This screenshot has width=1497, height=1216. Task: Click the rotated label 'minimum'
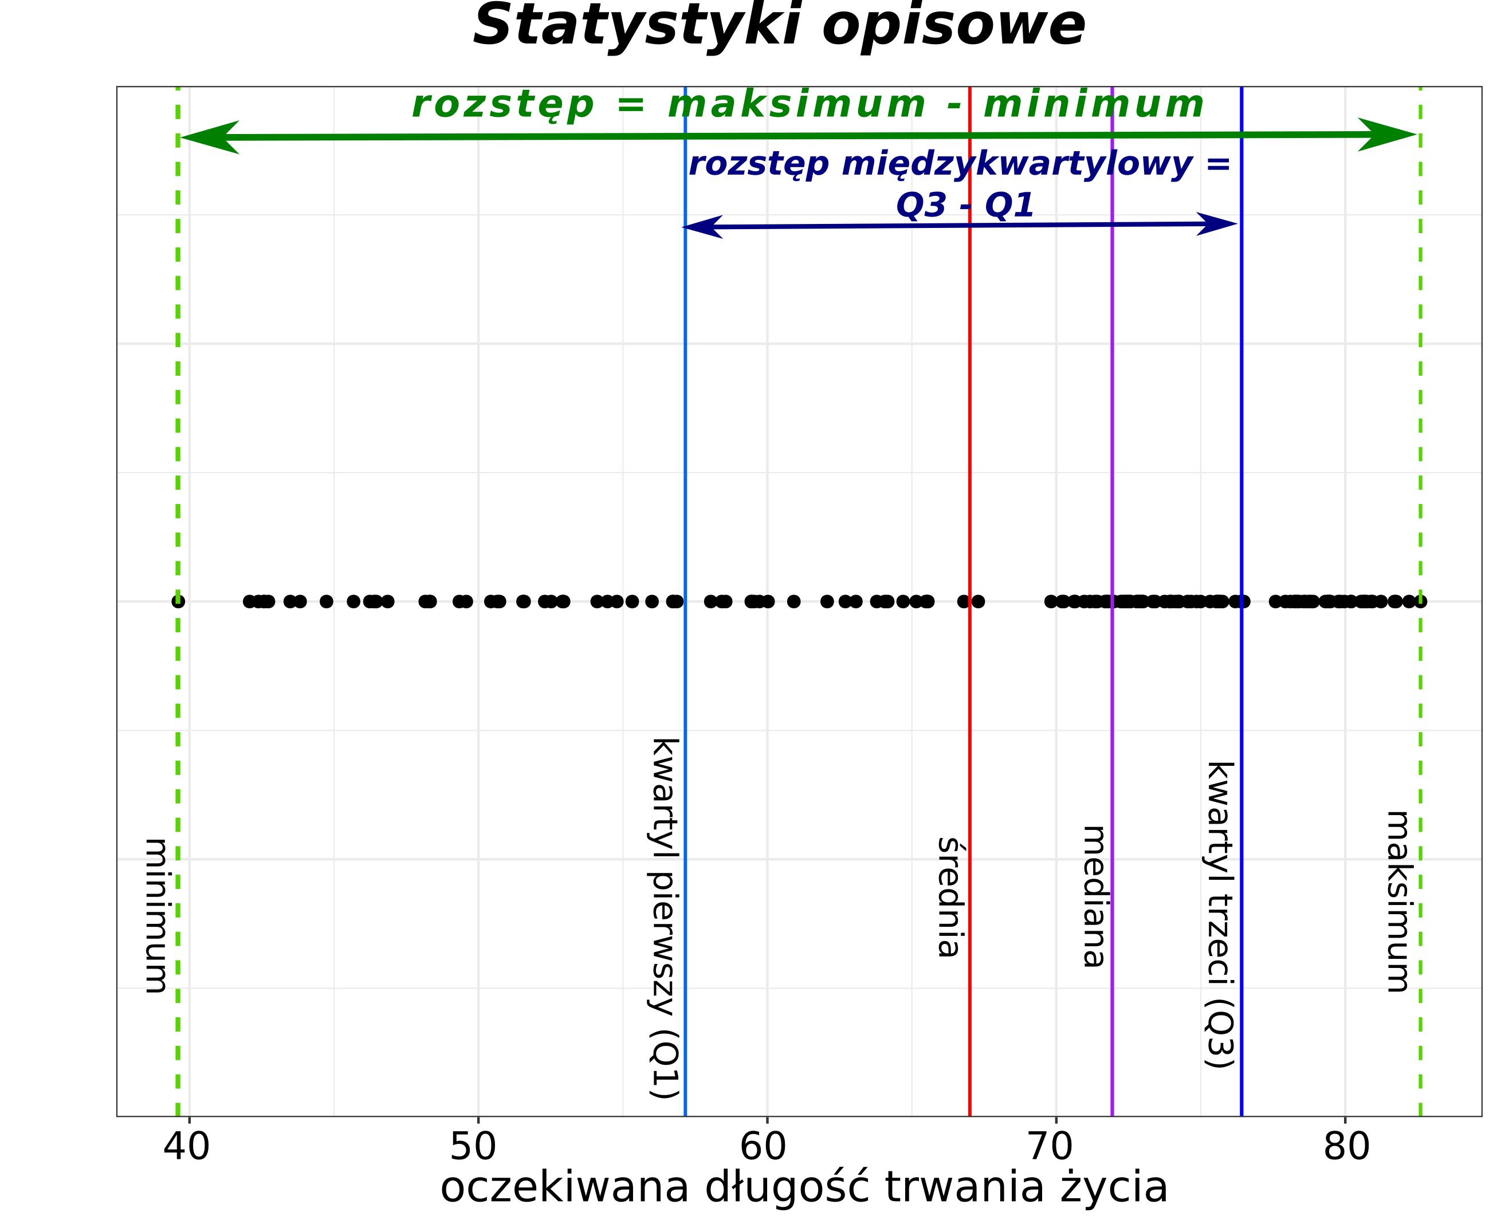pyautogui.click(x=156, y=915)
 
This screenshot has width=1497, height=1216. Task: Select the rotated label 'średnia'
pyautogui.click(x=949, y=898)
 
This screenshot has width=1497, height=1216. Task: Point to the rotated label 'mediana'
pyautogui.click(x=1094, y=896)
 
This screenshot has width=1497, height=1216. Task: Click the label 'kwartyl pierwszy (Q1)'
pyautogui.click(x=664, y=918)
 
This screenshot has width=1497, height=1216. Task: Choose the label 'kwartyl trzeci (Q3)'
pyautogui.click(x=1220, y=915)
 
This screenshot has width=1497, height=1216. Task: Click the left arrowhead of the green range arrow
pyautogui.click(x=207, y=137)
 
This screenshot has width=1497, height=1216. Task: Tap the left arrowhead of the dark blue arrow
pyautogui.click(x=701, y=227)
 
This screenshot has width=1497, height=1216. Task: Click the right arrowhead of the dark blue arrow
pyautogui.click(x=1217, y=224)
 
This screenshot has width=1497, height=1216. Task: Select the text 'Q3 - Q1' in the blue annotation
pyautogui.click(x=965, y=205)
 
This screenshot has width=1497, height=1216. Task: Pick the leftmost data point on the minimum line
pyautogui.click(x=179, y=601)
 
